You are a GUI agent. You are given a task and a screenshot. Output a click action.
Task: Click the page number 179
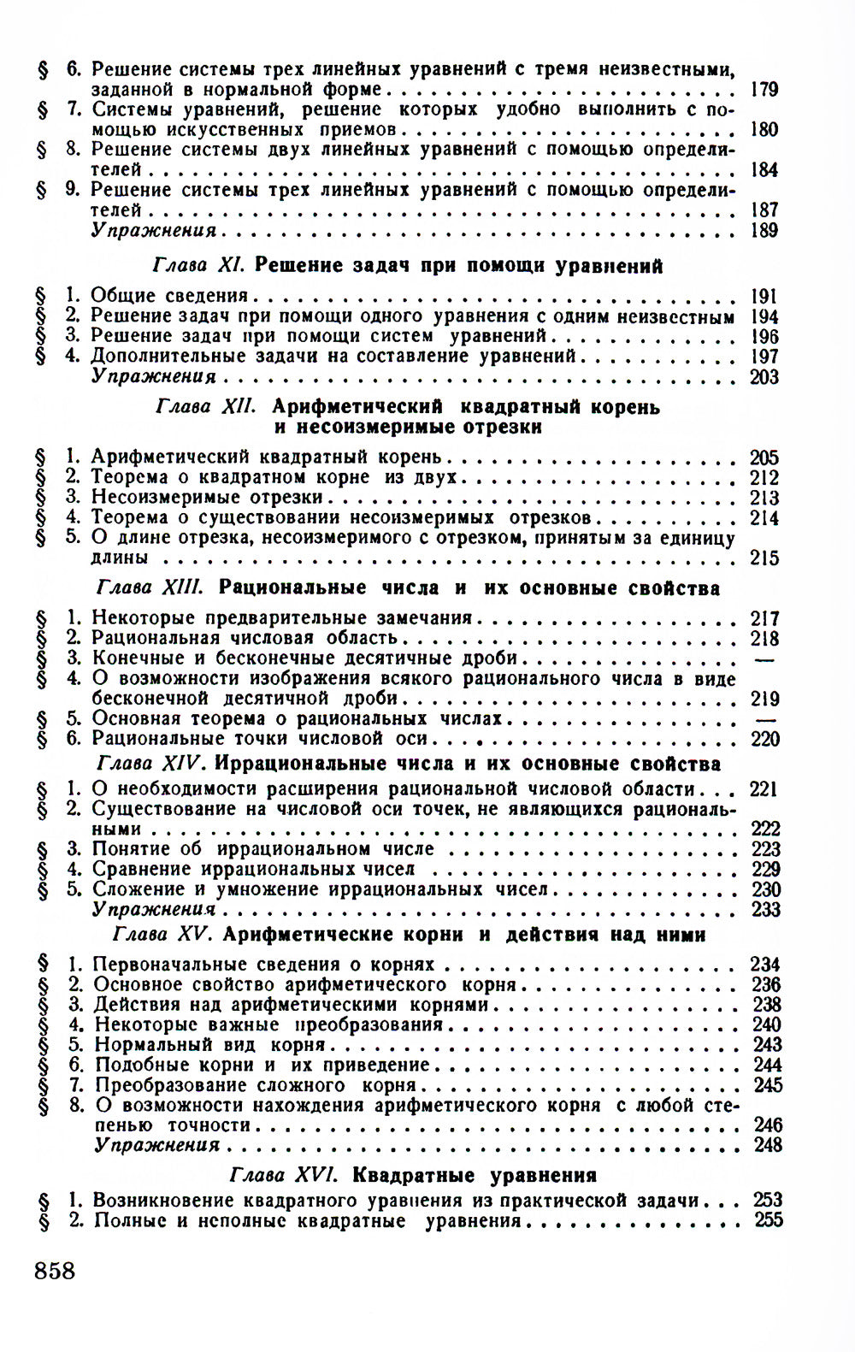764,89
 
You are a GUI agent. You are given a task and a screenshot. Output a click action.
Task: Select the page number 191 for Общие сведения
764,296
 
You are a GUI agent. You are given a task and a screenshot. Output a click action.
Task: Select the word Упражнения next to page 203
154,376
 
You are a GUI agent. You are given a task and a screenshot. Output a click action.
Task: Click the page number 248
767,1145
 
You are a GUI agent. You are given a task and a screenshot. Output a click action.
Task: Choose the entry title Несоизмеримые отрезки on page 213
207,497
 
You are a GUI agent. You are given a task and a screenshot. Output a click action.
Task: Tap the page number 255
769,1220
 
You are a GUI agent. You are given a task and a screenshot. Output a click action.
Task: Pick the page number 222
764,829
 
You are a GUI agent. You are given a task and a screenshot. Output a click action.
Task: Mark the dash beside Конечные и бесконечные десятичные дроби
764,658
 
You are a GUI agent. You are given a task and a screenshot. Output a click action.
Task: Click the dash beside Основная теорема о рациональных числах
764,719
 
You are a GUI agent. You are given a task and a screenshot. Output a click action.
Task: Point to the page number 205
764,458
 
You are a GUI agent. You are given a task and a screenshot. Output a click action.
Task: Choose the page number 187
764,210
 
